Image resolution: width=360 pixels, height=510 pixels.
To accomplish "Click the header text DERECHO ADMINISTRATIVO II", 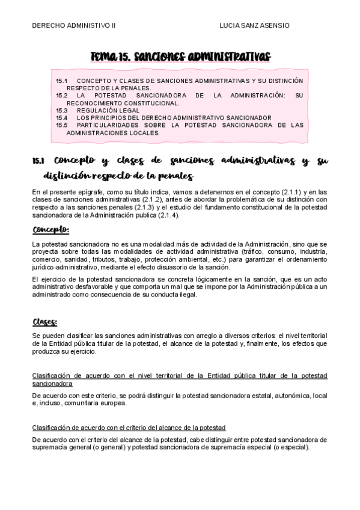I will click(73, 26).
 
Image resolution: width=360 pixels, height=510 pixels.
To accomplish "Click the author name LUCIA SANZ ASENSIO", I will click(255, 26).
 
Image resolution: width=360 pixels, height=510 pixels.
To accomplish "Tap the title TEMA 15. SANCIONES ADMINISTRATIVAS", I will click(180, 56).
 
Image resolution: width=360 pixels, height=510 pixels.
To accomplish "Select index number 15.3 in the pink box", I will click(62, 111).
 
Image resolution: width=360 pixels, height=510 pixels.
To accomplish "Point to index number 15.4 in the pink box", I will click(62, 118).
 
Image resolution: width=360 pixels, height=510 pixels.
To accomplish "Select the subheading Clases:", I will click(45, 321).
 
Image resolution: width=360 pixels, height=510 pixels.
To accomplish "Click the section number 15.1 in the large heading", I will click(39, 161).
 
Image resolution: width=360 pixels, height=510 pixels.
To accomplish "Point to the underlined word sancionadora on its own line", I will click(52, 383).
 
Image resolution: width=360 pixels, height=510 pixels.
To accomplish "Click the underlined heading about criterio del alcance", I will click(129, 427).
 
